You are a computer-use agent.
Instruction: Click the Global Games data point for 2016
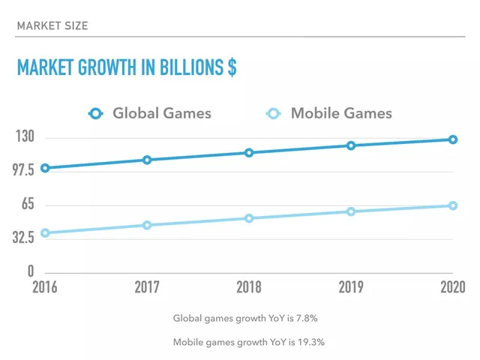coord(45,168)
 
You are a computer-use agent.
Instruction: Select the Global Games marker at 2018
coord(249,153)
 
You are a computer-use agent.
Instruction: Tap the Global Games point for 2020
coord(453,139)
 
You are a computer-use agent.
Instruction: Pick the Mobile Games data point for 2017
coord(147,225)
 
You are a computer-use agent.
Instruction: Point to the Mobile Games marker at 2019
coord(351,211)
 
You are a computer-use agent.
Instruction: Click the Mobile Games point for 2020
coord(453,205)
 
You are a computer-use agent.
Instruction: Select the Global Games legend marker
coord(95,113)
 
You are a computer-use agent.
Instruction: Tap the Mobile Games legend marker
coord(273,113)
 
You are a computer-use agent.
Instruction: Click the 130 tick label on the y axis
coord(25,136)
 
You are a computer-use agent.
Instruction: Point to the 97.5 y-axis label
coord(23,169)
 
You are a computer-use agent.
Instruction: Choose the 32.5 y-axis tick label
coord(23,237)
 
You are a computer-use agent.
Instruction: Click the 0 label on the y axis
coord(31,271)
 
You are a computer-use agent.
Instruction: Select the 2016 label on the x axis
coord(45,287)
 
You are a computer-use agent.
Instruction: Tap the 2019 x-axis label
coord(351,287)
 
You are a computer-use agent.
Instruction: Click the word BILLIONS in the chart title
coord(192,67)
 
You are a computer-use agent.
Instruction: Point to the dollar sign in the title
coord(232,67)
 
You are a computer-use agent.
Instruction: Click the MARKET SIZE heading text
coord(52,25)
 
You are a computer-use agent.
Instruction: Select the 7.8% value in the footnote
coord(307,318)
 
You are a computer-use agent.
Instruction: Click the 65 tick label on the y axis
coord(28,203)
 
